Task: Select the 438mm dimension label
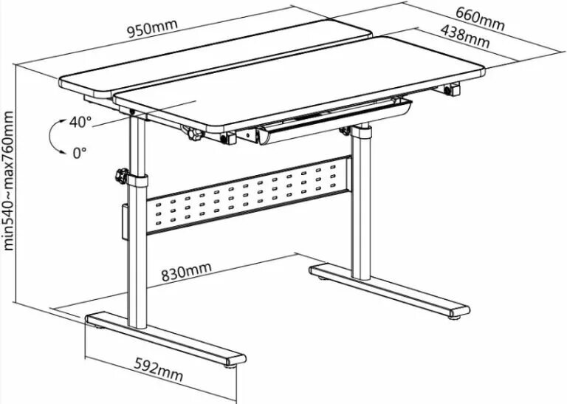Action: pyautogui.click(x=464, y=36)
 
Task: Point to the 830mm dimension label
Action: pyautogui.click(x=185, y=273)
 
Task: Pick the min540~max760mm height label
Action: pyautogui.click(x=9, y=181)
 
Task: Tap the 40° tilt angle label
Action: pyautogui.click(x=80, y=123)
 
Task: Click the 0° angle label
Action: pyautogui.click(x=80, y=153)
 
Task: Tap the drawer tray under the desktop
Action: pyautogui.click(x=332, y=121)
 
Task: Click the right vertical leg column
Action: pyautogui.click(x=360, y=207)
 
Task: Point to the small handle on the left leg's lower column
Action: pyautogui.click(x=123, y=222)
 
